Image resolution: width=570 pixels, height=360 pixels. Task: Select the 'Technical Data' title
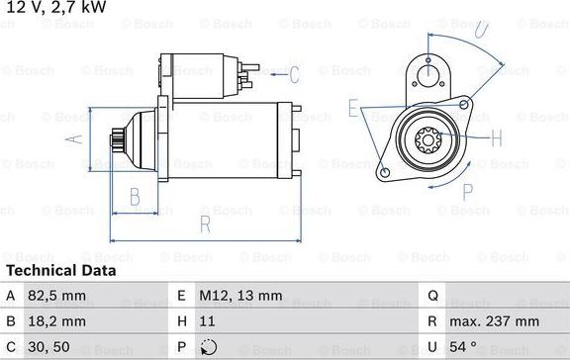tap(61, 270)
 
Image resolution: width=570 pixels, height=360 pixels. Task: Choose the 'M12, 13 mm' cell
tap(241, 295)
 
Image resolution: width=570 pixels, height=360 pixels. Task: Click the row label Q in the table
tap(433, 295)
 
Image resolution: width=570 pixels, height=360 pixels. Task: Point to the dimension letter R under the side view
tap(205, 224)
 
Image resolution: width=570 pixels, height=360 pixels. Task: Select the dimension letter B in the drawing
tap(136, 197)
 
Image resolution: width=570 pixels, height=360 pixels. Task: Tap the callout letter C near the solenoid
tap(294, 73)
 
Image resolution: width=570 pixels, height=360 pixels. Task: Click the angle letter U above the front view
tap(481, 32)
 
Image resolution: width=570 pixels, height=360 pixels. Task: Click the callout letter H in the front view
tap(497, 137)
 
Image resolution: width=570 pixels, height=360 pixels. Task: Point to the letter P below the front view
tap(468, 192)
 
